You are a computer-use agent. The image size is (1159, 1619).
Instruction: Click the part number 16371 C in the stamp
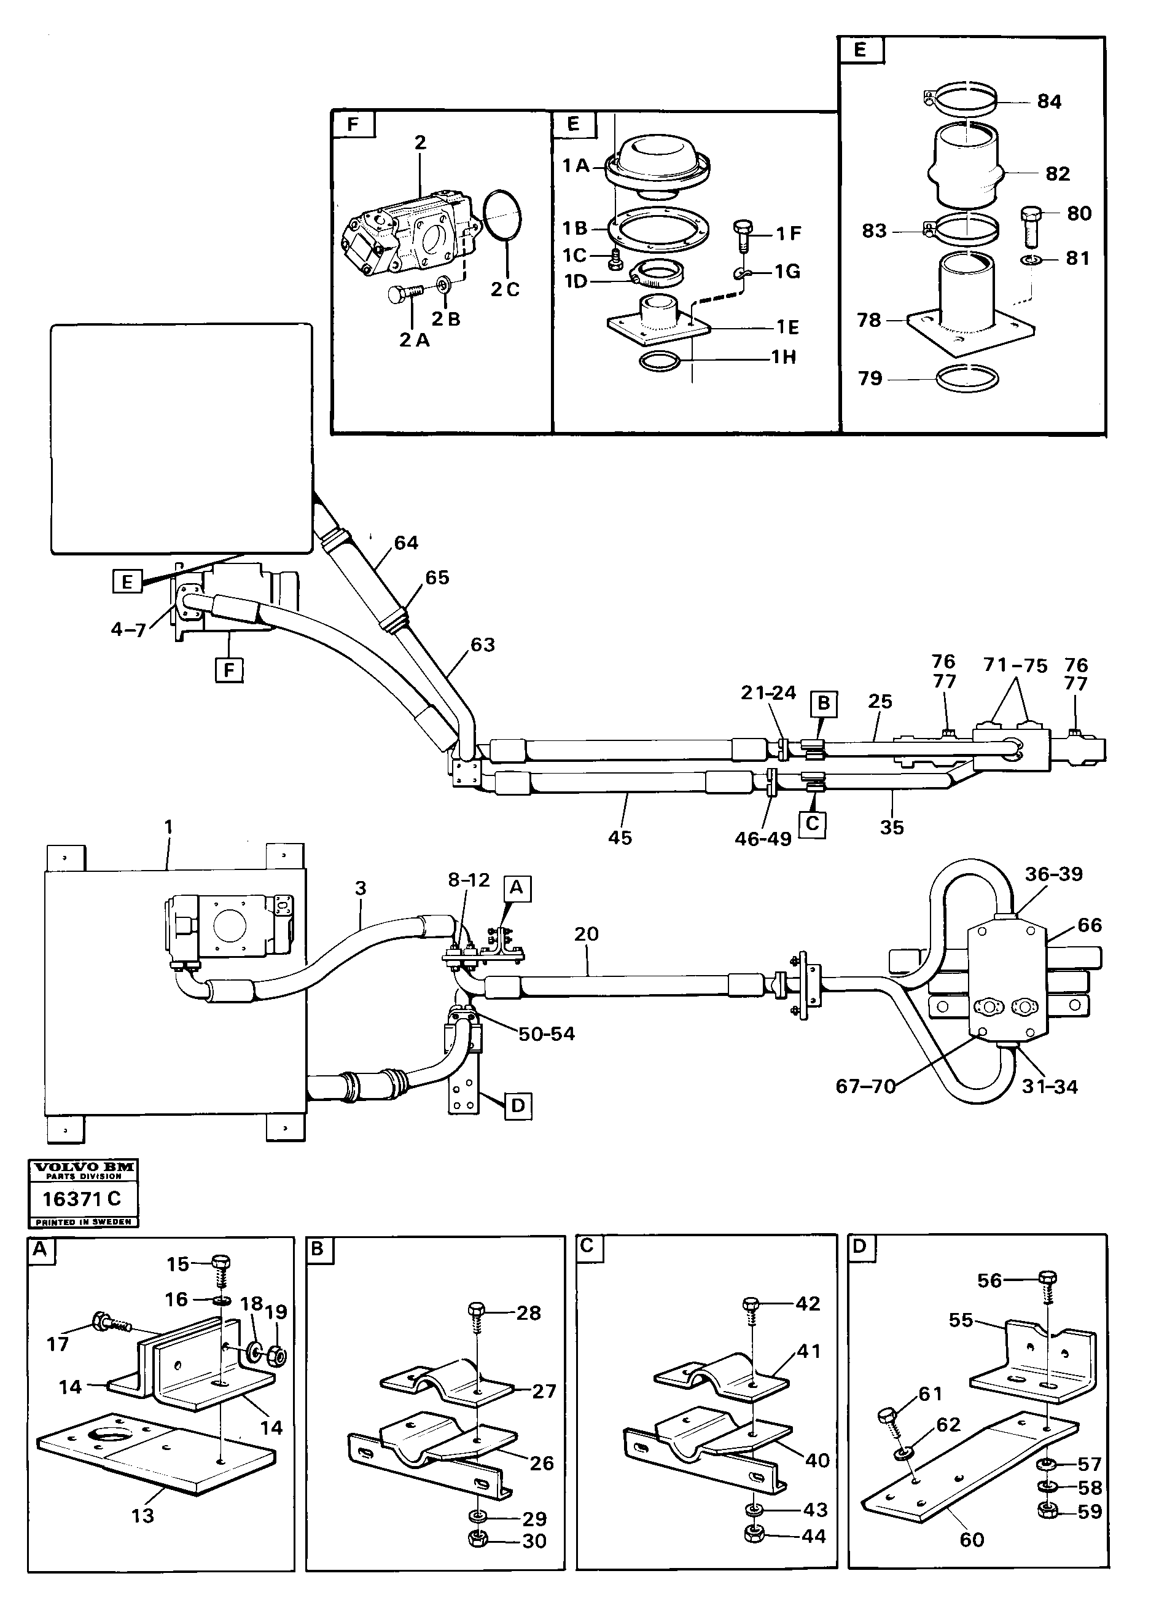click(x=82, y=1199)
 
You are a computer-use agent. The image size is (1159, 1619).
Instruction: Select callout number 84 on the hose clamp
click(x=1048, y=101)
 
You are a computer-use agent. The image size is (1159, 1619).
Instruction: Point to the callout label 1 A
click(x=576, y=166)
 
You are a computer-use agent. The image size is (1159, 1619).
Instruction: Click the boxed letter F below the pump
click(x=229, y=670)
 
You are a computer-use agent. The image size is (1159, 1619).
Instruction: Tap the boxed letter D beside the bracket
click(x=518, y=1107)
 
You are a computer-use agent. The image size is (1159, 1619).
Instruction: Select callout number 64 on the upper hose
click(x=406, y=543)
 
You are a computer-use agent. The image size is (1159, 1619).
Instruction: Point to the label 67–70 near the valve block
click(x=865, y=1086)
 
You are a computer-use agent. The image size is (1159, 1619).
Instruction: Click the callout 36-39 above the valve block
click(x=1053, y=874)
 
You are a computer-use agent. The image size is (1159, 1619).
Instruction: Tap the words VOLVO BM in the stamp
click(x=82, y=1166)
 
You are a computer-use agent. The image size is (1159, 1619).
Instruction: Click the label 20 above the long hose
click(x=586, y=934)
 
